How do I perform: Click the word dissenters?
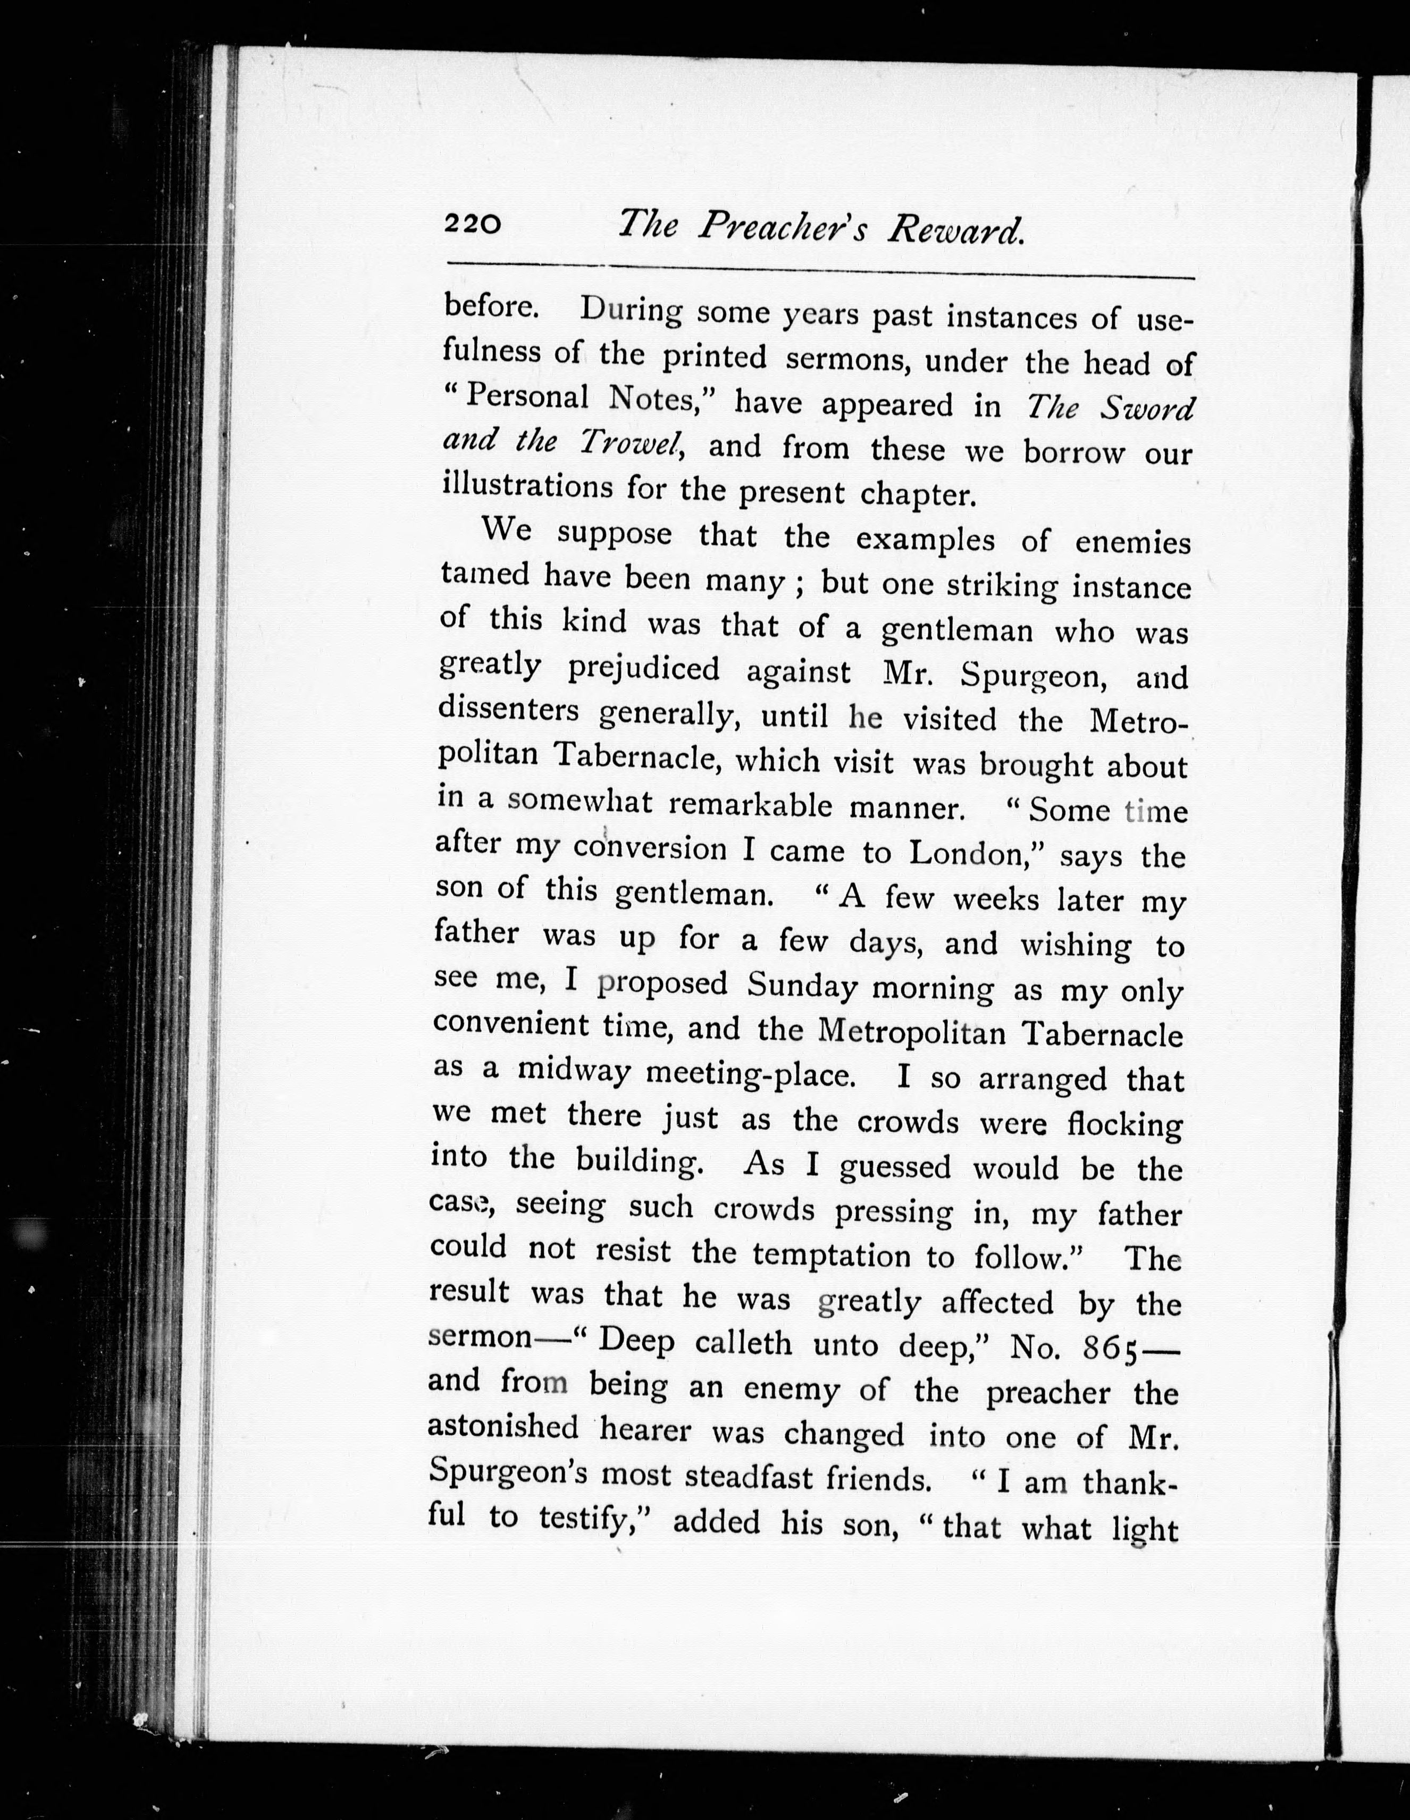coord(508,711)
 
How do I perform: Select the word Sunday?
coord(802,986)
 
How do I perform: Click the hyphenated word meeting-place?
coord(751,1075)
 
